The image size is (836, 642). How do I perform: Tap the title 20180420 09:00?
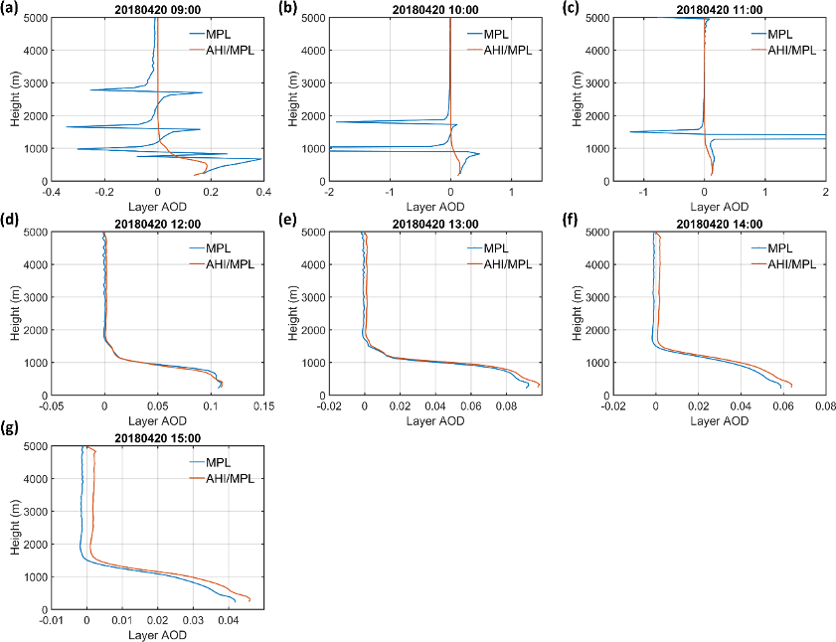click(157, 9)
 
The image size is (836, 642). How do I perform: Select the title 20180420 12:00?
click(157, 224)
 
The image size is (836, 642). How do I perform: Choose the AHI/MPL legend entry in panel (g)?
click(221, 478)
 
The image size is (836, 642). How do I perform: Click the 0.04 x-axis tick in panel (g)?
click(227, 619)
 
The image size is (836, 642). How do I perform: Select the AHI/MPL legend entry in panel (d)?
click(221, 263)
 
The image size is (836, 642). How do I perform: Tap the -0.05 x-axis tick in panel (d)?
click(51, 404)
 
